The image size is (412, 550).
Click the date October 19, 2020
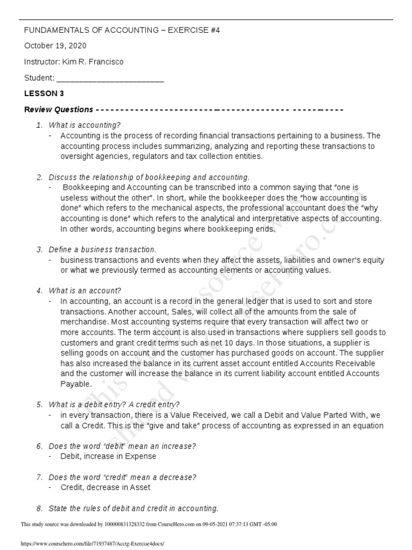(x=55, y=46)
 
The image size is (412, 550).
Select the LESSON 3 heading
(x=44, y=93)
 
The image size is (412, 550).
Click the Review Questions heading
(x=59, y=110)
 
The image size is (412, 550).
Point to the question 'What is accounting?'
(x=85, y=125)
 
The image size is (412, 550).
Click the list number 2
(x=39, y=177)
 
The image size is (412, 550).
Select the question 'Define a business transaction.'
(x=102, y=250)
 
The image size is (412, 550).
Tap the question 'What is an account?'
(x=85, y=291)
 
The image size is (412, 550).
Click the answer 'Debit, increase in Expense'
(x=108, y=457)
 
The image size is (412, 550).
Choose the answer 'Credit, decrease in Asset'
(x=105, y=488)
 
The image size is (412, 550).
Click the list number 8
(x=39, y=509)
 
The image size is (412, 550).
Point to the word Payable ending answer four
(x=76, y=384)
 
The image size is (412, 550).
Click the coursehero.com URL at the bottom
(x=92, y=544)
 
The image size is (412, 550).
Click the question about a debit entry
(x=114, y=404)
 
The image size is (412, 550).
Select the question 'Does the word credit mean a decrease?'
(x=122, y=477)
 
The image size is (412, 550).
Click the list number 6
(x=39, y=446)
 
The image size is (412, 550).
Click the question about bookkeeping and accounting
(x=149, y=177)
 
